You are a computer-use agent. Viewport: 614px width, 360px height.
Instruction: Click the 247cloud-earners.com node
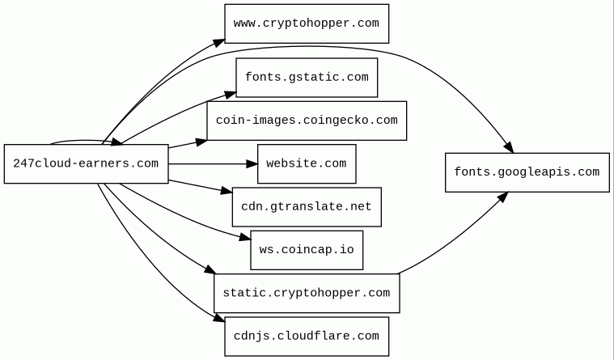[86, 163]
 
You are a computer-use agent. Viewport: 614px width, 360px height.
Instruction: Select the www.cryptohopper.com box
[307, 23]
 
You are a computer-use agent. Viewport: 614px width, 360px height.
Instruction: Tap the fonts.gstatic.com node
[307, 78]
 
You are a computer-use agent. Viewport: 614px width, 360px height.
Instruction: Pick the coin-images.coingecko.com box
[307, 121]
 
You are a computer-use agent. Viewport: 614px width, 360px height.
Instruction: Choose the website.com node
[307, 163]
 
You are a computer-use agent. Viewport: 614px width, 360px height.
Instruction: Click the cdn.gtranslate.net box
[307, 207]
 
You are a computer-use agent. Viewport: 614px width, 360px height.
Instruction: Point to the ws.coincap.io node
[307, 249]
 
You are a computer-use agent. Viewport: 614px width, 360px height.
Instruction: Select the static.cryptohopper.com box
[307, 293]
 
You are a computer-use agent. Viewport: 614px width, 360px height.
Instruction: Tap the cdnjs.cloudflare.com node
[307, 336]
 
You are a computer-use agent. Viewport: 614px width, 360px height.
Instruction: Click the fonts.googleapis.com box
[527, 172]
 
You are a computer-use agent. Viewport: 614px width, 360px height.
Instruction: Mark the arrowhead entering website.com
[252, 163]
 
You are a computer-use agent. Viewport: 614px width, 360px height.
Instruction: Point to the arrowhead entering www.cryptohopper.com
[219, 40]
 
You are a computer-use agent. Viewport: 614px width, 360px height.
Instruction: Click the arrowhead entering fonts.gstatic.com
[231, 94]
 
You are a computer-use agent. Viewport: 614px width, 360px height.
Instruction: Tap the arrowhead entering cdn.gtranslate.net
[227, 192]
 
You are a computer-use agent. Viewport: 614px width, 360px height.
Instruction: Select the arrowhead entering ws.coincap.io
[245, 238]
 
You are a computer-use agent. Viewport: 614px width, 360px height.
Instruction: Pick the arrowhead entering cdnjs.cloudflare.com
[219, 321]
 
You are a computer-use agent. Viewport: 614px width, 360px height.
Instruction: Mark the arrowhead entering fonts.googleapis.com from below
[502, 195]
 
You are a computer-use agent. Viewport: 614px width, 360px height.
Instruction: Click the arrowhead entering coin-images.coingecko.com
[201, 142]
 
